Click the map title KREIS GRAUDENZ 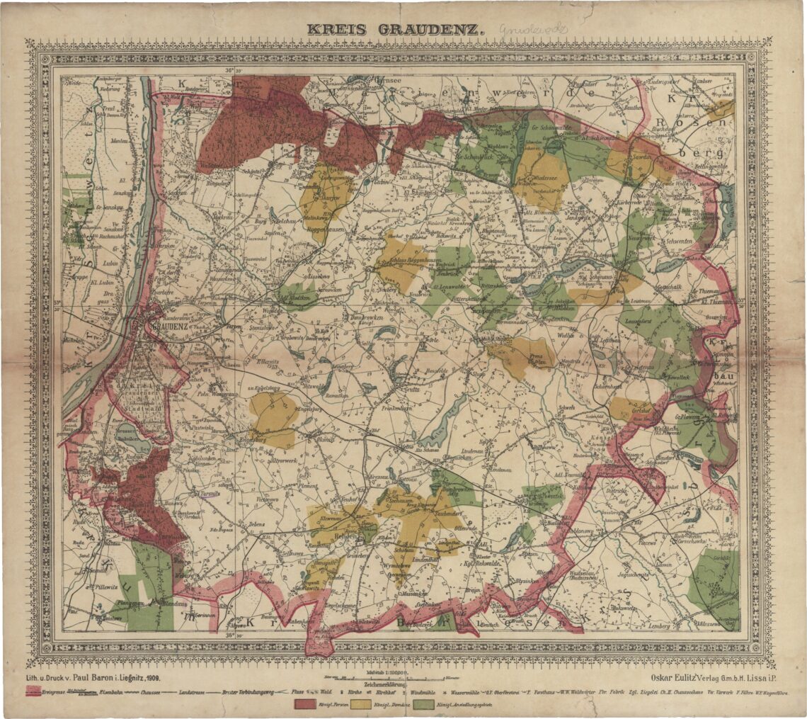click(x=395, y=30)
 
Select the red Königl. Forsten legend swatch click(x=304, y=704)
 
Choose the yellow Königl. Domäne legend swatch click(x=360, y=704)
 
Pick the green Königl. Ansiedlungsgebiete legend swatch click(x=423, y=704)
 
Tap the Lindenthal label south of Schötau click(x=427, y=560)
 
